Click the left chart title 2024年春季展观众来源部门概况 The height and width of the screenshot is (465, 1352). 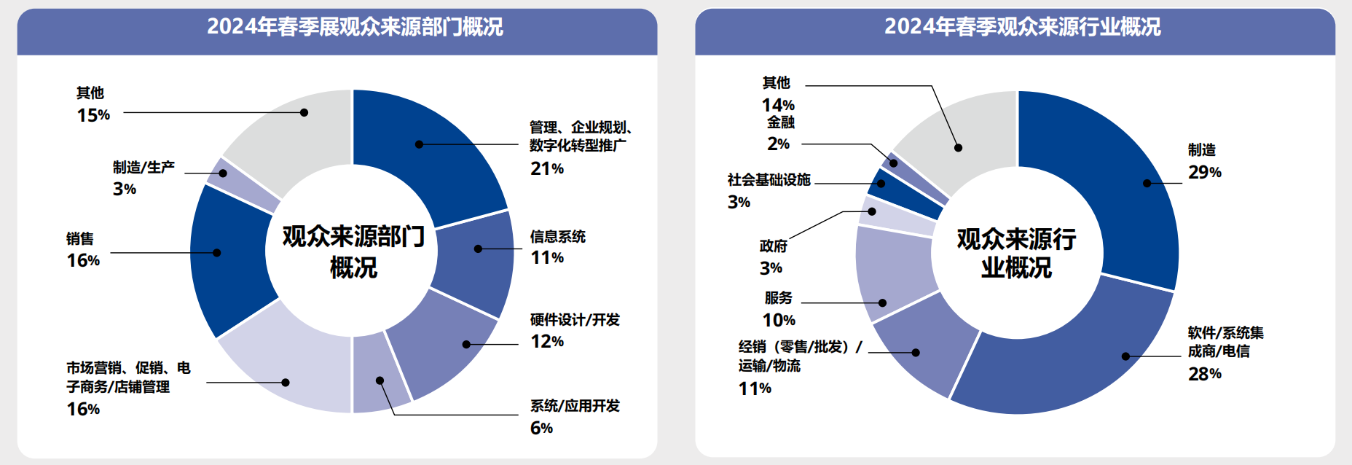tap(355, 27)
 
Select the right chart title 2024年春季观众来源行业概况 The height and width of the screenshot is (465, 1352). tap(1022, 27)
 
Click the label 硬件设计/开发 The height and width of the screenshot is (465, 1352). tap(575, 320)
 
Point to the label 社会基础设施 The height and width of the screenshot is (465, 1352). tap(769, 179)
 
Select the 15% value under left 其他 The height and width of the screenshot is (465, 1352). tap(93, 115)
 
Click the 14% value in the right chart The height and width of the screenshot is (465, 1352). tap(778, 105)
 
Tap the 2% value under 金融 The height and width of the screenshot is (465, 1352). tap(778, 144)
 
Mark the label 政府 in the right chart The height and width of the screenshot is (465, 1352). tap(773, 246)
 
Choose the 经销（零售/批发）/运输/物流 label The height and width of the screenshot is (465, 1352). tap(800, 356)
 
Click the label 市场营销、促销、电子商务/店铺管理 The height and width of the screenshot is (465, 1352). tap(128, 377)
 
